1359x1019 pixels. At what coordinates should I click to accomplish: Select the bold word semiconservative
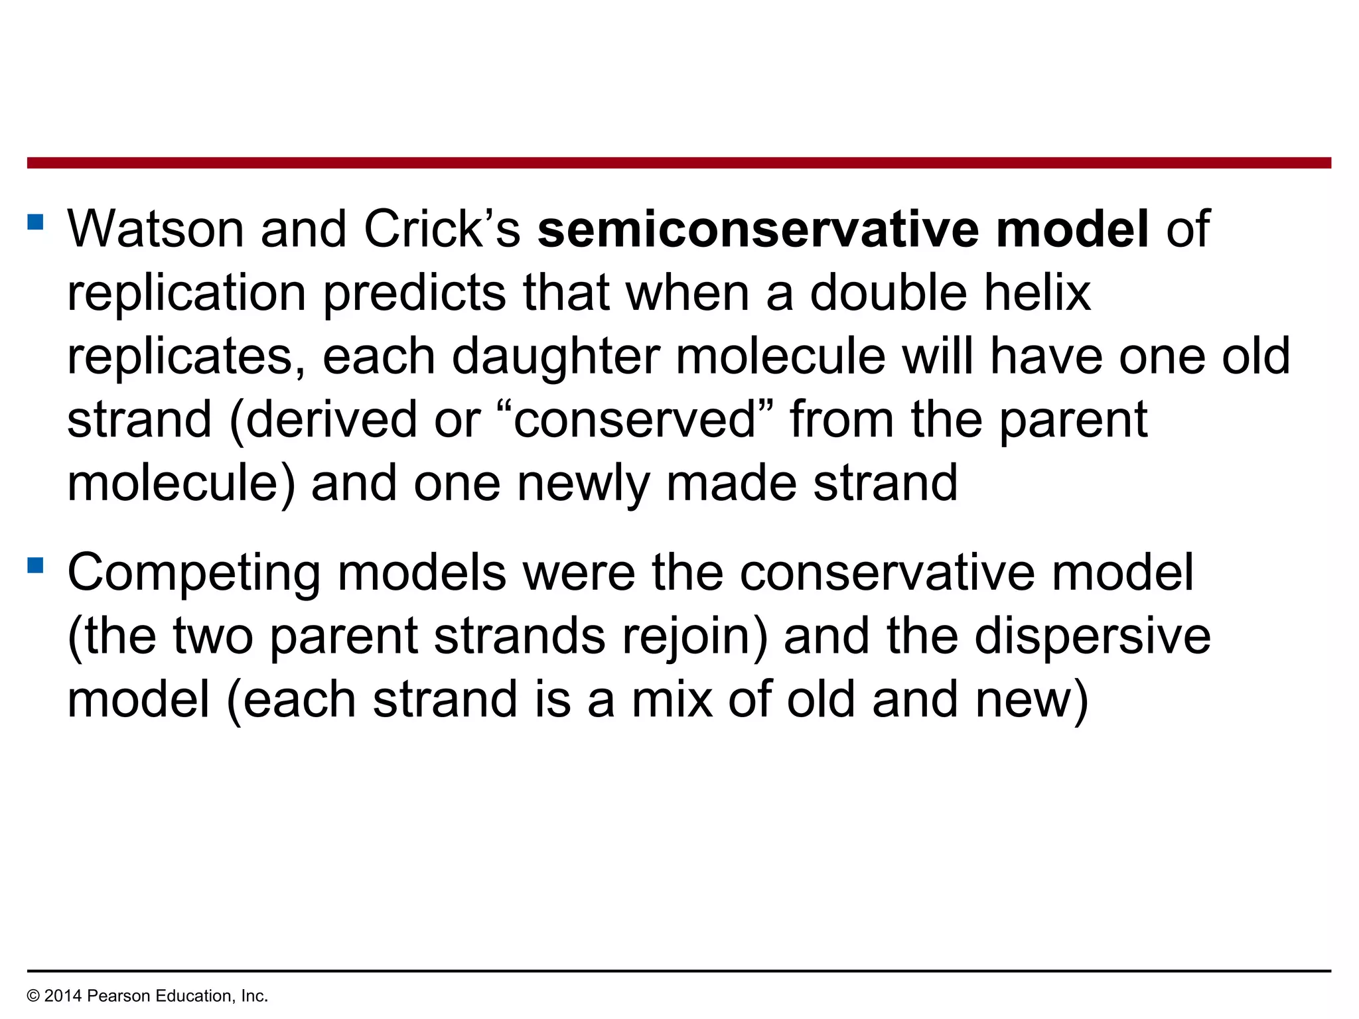tap(756, 230)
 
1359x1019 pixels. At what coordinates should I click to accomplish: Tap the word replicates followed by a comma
tap(186, 357)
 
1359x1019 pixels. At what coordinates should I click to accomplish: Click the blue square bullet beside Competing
tap(36, 565)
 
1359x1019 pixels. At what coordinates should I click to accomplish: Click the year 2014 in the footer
tap(63, 996)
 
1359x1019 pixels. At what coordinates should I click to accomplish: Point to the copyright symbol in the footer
tap(33, 996)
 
